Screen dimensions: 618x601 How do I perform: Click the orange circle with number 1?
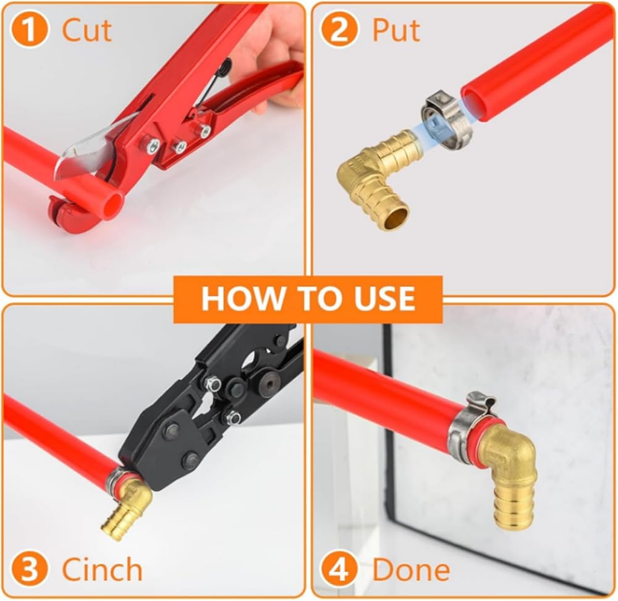click(29, 30)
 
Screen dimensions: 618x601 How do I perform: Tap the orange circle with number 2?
click(339, 30)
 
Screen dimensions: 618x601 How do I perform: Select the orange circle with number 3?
click(29, 569)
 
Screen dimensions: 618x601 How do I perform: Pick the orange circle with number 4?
click(339, 569)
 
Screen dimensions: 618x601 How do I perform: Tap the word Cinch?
click(102, 569)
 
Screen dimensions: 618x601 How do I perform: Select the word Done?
click(411, 569)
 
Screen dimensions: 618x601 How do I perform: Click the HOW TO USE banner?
click(308, 298)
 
